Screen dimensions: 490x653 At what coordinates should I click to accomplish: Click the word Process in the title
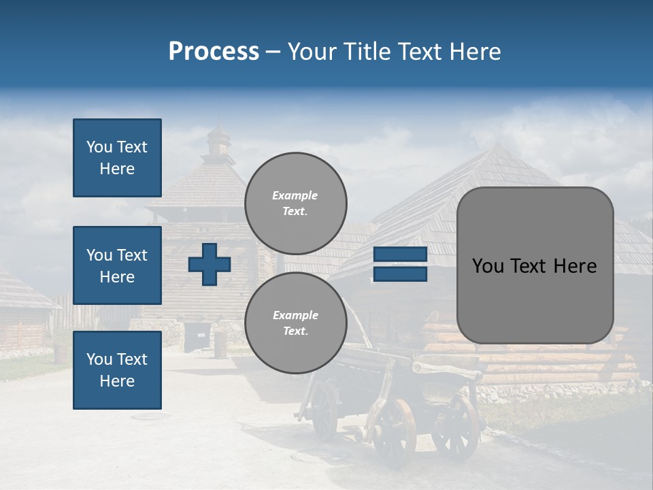click(214, 52)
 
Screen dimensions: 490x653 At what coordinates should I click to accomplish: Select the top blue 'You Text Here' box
click(117, 158)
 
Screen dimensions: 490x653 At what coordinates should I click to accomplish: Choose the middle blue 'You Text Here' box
click(117, 265)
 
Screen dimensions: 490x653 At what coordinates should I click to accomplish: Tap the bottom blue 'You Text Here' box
click(117, 370)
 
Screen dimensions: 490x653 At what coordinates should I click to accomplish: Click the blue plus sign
click(210, 264)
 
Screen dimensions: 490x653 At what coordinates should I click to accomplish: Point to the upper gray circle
click(295, 203)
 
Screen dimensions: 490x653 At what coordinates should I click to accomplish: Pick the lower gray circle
click(295, 323)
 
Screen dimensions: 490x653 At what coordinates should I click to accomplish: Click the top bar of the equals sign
click(400, 255)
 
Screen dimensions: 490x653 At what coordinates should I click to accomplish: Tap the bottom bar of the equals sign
click(400, 274)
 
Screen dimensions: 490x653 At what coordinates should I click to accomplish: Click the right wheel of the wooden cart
click(455, 426)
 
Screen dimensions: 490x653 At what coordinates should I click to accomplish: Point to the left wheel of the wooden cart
click(394, 433)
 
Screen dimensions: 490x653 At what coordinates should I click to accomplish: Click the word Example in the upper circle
click(295, 195)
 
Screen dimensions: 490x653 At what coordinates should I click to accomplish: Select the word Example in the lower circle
click(295, 315)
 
